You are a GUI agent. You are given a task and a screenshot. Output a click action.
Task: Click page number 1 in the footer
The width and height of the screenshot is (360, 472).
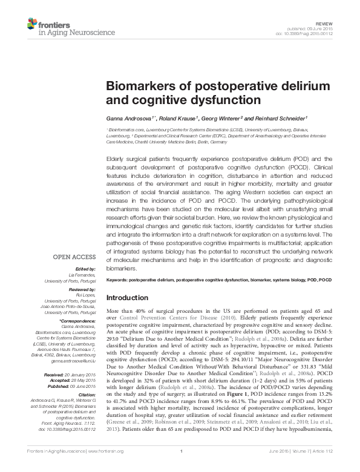tap(180, 468)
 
